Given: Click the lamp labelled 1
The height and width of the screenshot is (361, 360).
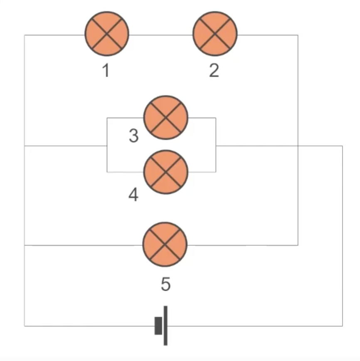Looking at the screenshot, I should [107, 34].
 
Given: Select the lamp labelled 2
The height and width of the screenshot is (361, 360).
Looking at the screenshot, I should [215, 34].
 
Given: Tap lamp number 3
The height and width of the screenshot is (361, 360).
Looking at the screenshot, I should [165, 118].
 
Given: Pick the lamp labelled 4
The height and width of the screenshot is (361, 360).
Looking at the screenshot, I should [165, 172].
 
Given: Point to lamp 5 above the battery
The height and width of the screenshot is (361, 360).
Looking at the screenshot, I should [165, 245].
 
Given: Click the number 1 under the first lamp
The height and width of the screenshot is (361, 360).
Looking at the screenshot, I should [106, 71].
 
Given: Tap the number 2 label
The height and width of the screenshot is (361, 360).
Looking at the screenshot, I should [214, 71].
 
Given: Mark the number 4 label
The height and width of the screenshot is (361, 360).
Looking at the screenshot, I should [133, 195].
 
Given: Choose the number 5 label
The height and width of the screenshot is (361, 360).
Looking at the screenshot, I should [165, 285].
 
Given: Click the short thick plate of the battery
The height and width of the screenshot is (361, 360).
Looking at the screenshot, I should [158, 326].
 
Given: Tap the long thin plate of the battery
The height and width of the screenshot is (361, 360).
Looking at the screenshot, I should [165, 326].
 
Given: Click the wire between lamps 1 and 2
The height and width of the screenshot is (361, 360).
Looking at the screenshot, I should [161, 35].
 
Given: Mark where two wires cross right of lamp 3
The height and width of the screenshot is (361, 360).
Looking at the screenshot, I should [298, 146].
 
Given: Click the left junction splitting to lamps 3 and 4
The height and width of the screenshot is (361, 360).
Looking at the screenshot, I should [107, 146].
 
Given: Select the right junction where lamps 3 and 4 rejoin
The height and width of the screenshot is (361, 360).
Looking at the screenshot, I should [216, 146].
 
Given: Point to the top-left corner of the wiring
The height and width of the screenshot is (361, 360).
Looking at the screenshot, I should [25, 35].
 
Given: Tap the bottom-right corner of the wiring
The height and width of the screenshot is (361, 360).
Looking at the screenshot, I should [343, 326].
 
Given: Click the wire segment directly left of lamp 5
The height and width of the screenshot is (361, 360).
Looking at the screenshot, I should [83, 245].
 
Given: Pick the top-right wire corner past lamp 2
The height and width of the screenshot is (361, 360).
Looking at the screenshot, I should [298, 35].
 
